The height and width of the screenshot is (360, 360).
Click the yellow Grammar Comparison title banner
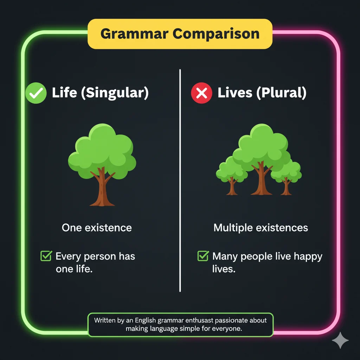click(180, 34)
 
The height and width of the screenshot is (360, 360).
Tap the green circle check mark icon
click(36, 93)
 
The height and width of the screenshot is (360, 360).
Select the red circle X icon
click(201, 93)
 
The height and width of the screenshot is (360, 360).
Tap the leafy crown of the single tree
click(102, 151)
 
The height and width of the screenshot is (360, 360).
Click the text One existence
click(97, 227)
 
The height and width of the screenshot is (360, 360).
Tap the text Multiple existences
click(261, 227)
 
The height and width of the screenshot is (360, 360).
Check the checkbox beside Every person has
click(46, 256)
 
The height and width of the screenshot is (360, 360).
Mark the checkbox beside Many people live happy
click(202, 256)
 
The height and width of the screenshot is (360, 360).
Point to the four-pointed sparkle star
click(340, 340)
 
